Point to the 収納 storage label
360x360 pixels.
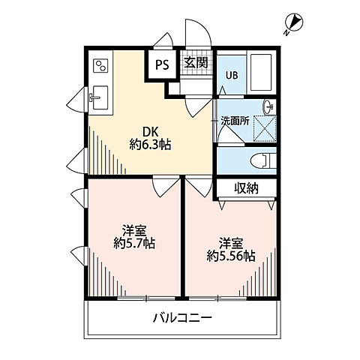click(x=245, y=188)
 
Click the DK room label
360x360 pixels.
click(x=142, y=129)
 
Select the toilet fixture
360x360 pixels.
click(x=257, y=159)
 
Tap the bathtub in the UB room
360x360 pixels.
click(x=259, y=73)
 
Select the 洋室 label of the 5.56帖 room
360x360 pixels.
click(x=231, y=241)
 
